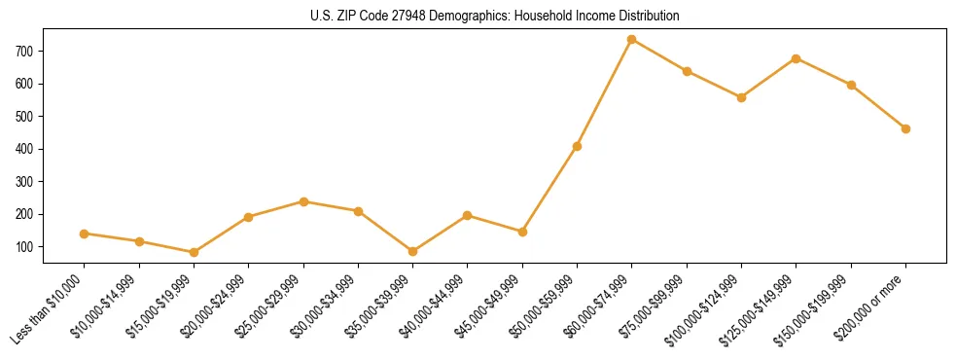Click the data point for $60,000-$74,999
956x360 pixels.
(x=632, y=40)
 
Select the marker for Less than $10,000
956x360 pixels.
(x=85, y=234)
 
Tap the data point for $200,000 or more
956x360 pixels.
(x=905, y=128)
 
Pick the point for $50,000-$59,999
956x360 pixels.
(x=578, y=147)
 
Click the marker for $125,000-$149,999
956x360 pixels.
(x=797, y=58)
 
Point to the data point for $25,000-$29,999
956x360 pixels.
(x=303, y=201)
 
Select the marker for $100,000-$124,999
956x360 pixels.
(x=741, y=97)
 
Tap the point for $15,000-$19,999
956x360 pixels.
(x=195, y=252)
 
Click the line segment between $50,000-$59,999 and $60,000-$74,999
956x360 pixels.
(x=605, y=93)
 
